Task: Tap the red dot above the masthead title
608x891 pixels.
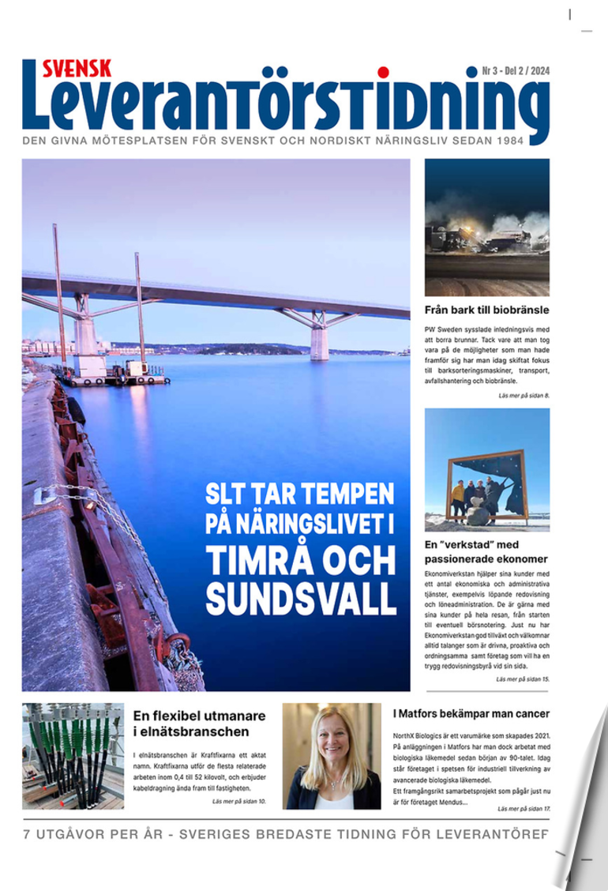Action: (383, 73)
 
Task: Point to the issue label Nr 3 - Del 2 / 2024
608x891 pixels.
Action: (516, 71)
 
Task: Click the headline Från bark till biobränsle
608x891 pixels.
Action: (486, 310)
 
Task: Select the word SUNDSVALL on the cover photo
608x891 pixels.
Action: (301, 599)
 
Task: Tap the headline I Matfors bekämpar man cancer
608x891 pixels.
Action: (471, 713)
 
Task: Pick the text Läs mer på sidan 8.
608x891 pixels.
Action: (523, 394)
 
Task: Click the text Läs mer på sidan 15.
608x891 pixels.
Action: (522, 679)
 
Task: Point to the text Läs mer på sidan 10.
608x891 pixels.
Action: (239, 801)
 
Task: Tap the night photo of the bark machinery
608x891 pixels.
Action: (486, 227)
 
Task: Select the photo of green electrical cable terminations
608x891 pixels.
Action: (73, 756)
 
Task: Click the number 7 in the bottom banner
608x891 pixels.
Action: (27, 835)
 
